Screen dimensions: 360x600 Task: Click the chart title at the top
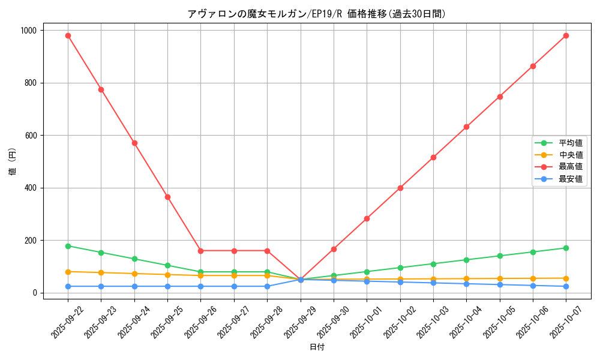[x=317, y=14]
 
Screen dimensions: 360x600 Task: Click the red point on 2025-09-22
[x=68, y=35]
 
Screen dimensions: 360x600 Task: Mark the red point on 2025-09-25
[x=167, y=197]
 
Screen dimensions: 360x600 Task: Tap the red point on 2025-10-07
[x=566, y=35]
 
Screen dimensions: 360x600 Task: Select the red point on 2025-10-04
[x=466, y=127]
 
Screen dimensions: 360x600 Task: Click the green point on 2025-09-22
[x=68, y=246]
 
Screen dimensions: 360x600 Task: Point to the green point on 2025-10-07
[x=566, y=248]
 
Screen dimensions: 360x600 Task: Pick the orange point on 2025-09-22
[x=68, y=272]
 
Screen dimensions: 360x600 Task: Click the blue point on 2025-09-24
[x=134, y=286]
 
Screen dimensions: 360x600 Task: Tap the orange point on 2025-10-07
[x=566, y=278]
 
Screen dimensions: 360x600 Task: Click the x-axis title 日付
[x=317, y=347]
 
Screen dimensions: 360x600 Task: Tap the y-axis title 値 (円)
[x=13, y=161]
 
